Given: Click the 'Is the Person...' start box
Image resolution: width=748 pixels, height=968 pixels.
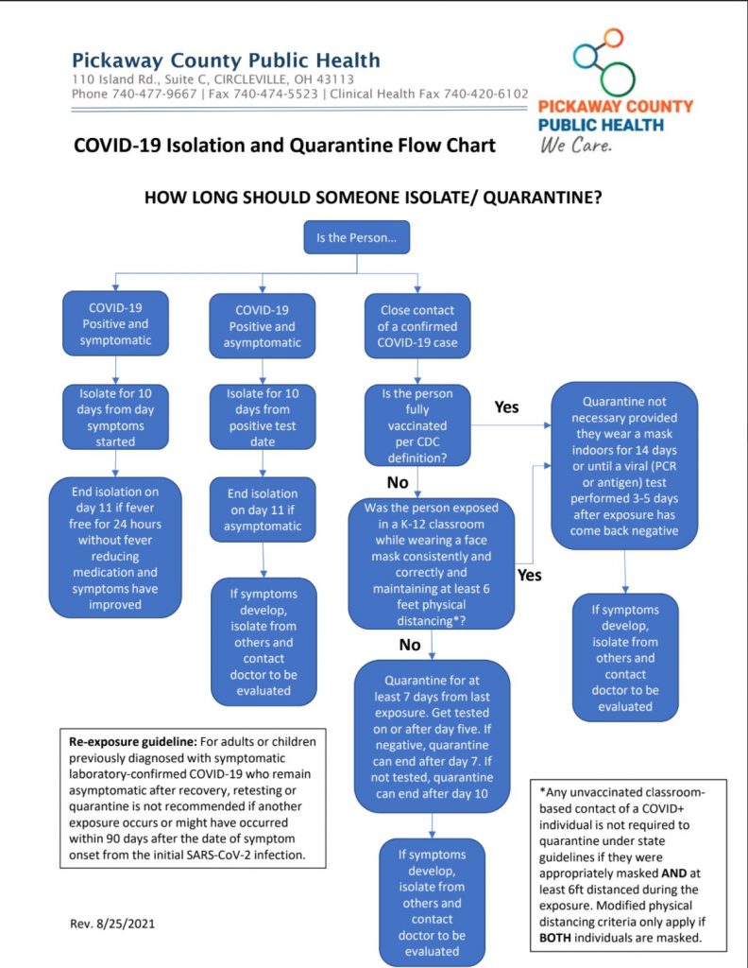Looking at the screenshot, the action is pos(356,237).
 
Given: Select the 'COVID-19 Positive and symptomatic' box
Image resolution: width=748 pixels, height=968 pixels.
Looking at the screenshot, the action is pos(115,323).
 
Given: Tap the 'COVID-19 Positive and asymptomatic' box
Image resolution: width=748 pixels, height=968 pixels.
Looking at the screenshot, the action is pos(262,326).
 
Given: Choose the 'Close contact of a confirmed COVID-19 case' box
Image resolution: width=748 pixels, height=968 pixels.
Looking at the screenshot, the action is pos(417,326).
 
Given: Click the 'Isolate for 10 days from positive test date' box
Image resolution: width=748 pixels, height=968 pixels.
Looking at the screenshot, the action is pos(263,417).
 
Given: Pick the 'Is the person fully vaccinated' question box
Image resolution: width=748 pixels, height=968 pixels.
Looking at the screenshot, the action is pos(417,425).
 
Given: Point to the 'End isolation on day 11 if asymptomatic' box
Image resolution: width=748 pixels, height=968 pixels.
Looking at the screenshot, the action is pos(263,510).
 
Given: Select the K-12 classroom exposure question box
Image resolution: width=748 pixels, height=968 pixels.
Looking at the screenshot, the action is pos(431,563).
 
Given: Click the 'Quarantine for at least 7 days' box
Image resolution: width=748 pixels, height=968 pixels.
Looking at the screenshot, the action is pos(432,736).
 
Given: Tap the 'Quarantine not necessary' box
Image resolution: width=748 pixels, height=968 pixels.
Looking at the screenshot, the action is pos(624,465).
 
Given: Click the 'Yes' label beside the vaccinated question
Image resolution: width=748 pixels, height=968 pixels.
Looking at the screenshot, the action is pos(506,407).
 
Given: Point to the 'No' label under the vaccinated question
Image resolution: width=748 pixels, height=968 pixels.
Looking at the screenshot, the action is pos(398,482).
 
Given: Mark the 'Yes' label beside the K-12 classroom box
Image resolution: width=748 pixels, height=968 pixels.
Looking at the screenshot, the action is pos(529,576).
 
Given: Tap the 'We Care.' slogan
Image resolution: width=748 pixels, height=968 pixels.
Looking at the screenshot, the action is pos(576,146).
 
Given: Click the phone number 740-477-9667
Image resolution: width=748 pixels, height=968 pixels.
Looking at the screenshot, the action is pos(154,94).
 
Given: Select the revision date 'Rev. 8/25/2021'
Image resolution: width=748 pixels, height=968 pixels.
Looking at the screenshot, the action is pos(112,924).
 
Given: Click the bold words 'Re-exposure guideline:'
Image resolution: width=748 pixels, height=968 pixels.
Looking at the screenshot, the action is pos(132,741).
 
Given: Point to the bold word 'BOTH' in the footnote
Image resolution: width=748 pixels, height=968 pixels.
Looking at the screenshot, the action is pos(555,938).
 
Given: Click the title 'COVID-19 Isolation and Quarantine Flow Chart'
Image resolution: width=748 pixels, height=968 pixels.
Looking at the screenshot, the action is pos(284,145).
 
